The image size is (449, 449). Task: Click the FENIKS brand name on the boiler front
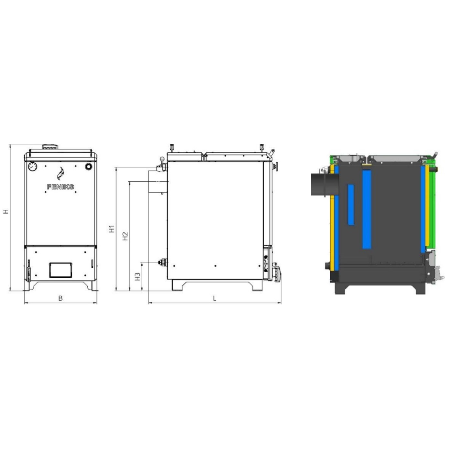[x=60, y=187]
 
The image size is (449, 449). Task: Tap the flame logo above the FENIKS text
[x=61, y=174]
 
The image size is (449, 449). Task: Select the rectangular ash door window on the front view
[x=60, y=270]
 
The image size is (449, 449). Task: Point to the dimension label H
[x=6, y=211]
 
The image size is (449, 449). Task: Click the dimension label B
[x=60, y=298]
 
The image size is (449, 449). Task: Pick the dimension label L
[x=215, y=298]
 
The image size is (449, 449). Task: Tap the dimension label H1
[x=112, y=229]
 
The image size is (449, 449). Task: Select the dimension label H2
[x=125, y=236]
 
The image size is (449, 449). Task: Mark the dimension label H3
[x=138, y=276]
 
